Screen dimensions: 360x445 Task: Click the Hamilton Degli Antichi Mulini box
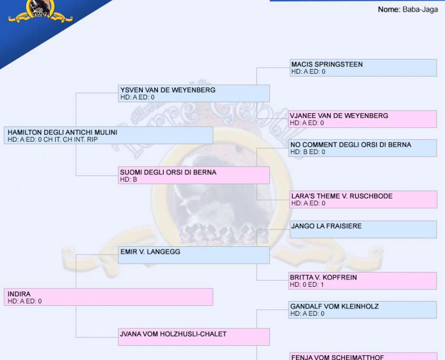(x=108, y=135)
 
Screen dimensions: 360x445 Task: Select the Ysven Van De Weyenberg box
(x=194, y=93)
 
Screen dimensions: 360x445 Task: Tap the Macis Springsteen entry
(x=363, y=68)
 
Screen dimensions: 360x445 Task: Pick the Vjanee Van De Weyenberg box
(x=363, y=119)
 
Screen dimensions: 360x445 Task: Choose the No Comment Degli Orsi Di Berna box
(x=363, y=148)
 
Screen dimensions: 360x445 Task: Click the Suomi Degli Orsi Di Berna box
(x=194, y=175)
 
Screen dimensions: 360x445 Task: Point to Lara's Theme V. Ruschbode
(x=363, y=199)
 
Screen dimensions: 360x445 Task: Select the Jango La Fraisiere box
(x=363, y=229)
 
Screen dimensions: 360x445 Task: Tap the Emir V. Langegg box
(x=194, y=255)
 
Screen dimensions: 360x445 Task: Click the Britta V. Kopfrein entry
(x=363, y=281)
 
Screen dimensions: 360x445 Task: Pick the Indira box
(x=108, y=297)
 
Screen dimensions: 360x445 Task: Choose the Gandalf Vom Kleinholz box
(x=363, y=309)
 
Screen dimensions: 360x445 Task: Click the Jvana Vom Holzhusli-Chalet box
(x=194, y=337)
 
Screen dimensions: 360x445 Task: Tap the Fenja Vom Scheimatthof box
(x=363, y=356)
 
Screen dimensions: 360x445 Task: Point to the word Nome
(x=389, y=9)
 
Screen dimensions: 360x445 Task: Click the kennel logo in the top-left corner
(x=39, y=12)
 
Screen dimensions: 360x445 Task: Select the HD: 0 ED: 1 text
(x=307, y=285)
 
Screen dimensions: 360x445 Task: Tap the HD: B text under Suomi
(x=128, y=179)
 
